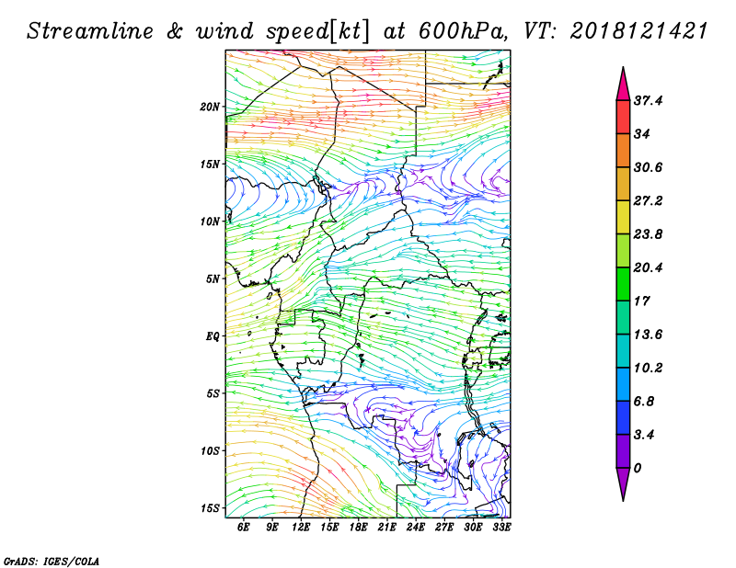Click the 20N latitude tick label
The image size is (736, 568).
[210, 107]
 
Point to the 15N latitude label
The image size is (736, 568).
[210, 165]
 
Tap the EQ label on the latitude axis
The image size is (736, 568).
[213, 336]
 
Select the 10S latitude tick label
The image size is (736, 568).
[210, 451]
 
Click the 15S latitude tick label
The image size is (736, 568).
[210, 508]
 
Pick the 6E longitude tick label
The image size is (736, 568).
[243, 527]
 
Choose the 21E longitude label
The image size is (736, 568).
[386, 527]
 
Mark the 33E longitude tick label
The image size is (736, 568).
[501, 527]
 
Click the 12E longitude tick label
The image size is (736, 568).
[301, 527]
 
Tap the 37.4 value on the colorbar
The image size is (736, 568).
[648, 100]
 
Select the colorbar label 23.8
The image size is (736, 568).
[648, 234]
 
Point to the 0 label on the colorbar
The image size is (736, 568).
[637, 468]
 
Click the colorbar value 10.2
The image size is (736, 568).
[648, 368]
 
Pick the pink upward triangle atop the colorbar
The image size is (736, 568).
[624, 85]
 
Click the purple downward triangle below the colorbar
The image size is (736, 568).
[624, 484]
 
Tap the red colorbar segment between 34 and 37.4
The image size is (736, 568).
[624, 118]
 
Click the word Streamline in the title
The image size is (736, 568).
[90, 31]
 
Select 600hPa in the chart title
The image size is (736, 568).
[462, 31]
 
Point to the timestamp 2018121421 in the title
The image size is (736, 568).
[639, 31]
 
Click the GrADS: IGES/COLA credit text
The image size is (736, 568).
[52, 561]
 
